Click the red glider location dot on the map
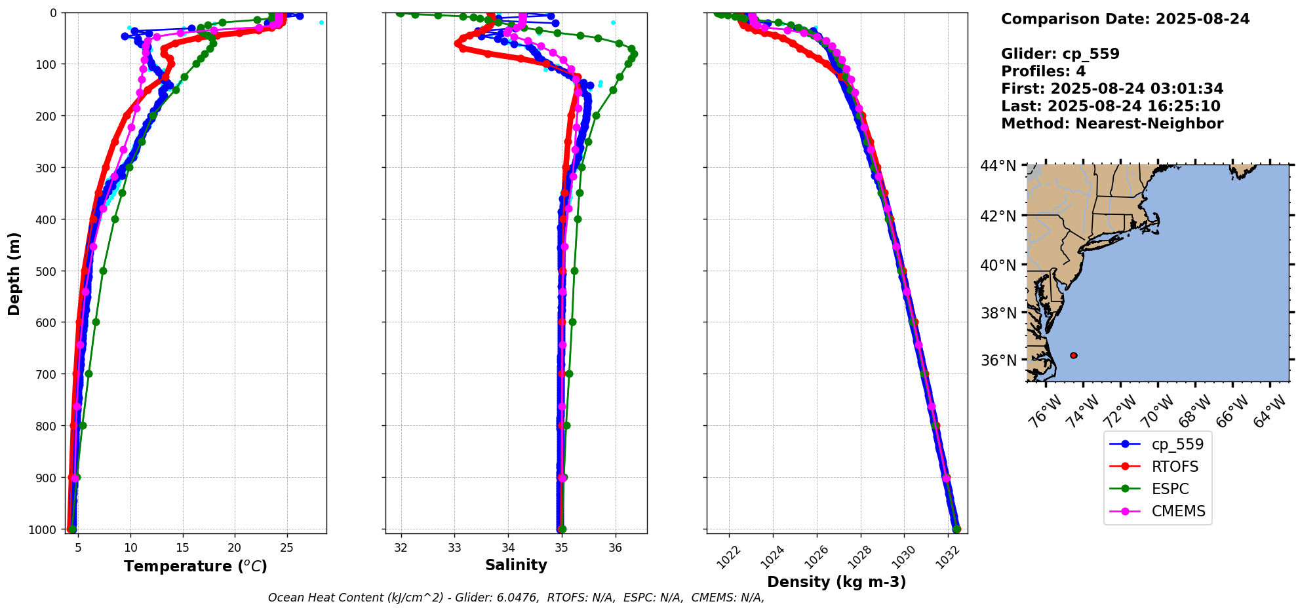1073,355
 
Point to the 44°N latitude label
998,166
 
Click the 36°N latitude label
998,360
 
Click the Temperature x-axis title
195,566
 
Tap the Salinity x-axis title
516,565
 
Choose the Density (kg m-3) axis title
836,582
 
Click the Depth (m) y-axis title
14,273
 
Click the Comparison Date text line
1125,19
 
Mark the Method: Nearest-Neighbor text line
1112,124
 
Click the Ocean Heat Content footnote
516,598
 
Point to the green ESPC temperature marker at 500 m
103,271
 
